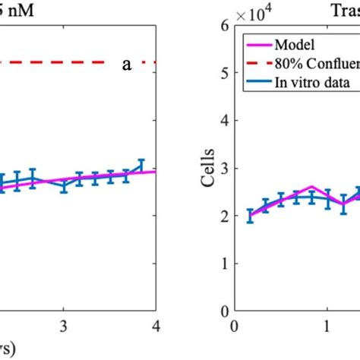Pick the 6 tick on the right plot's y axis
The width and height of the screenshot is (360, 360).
224,25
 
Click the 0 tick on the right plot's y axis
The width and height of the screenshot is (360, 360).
224,311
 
